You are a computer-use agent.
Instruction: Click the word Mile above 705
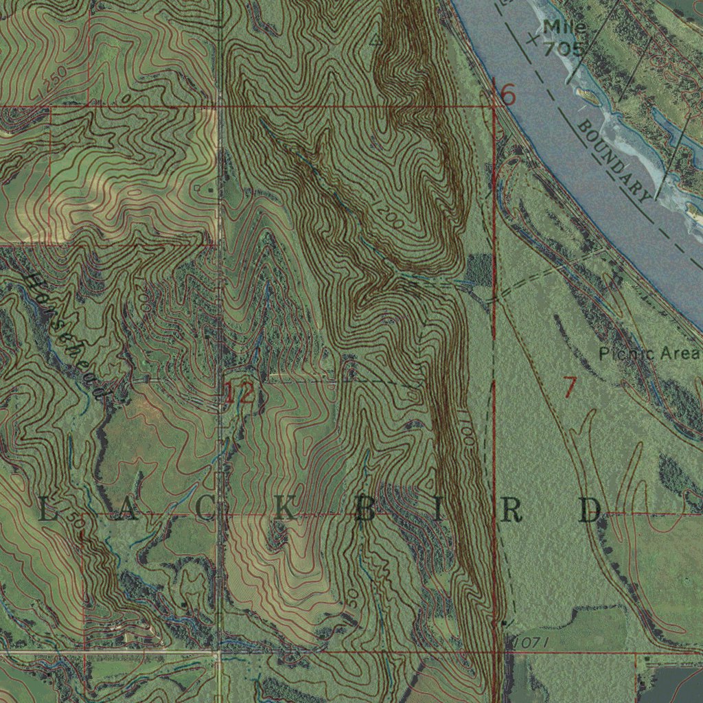[x=564, y=27]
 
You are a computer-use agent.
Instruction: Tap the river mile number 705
[x=563, y=49]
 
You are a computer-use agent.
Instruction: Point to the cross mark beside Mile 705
[x=533, y=41]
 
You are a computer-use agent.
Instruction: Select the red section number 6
[x=507, y=94]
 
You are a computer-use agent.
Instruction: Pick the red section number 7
[x=569, y=388]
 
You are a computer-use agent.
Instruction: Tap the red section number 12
[x=239, y=393]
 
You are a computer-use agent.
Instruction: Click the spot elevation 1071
[x=531, y=642]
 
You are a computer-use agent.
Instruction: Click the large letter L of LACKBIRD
[x=46, y=511]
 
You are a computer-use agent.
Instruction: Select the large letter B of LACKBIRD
[x=365, y=511]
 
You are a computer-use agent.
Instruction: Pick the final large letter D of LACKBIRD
[x=590, y=511]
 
